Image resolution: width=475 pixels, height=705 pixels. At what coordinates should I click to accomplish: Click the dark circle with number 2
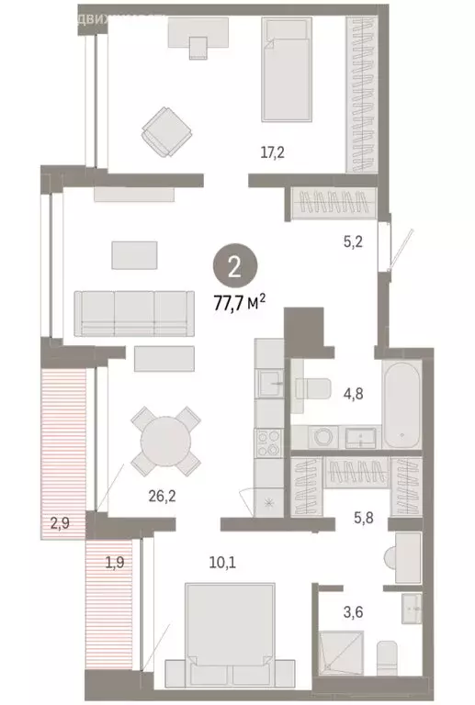[234, 268]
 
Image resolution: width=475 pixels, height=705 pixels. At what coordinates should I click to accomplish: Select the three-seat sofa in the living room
[128, 315]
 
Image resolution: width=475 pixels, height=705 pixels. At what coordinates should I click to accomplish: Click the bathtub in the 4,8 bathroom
[402, 405]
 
